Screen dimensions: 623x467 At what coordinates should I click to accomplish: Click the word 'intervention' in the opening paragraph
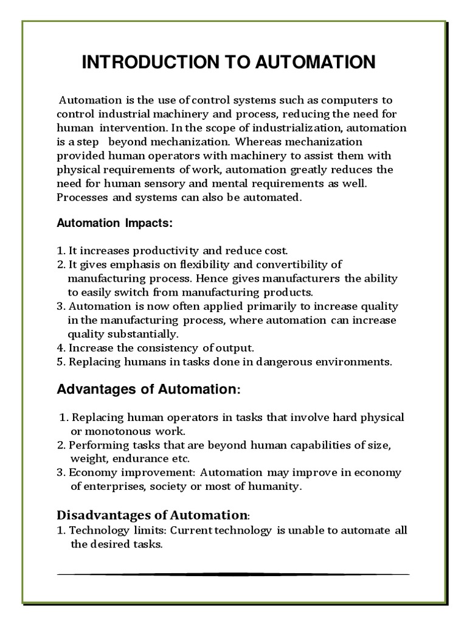[x=129, y=128]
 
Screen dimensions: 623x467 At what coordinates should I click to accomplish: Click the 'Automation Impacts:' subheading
[x=115, y=223]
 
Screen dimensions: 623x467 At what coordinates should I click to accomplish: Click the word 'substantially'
[x=145, y=334]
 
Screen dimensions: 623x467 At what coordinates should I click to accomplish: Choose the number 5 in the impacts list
[x=60, y=362]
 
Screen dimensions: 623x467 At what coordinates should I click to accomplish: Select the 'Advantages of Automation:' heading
[x=148, y=389]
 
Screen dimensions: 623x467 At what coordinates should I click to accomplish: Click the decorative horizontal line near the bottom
[x=233, y=574]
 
